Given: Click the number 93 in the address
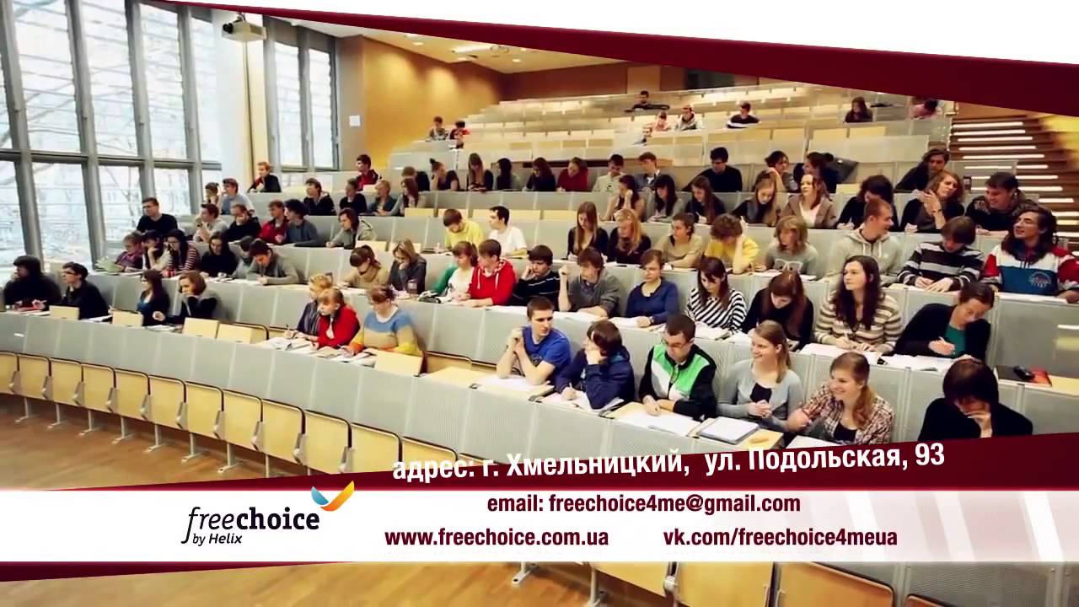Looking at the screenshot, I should click(926, 456).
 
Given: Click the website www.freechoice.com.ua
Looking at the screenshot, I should click(497, 538).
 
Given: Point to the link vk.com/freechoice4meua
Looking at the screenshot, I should click(780, 538).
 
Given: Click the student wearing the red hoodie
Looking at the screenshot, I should click(492, 277).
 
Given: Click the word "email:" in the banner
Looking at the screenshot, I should click(515, 504).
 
